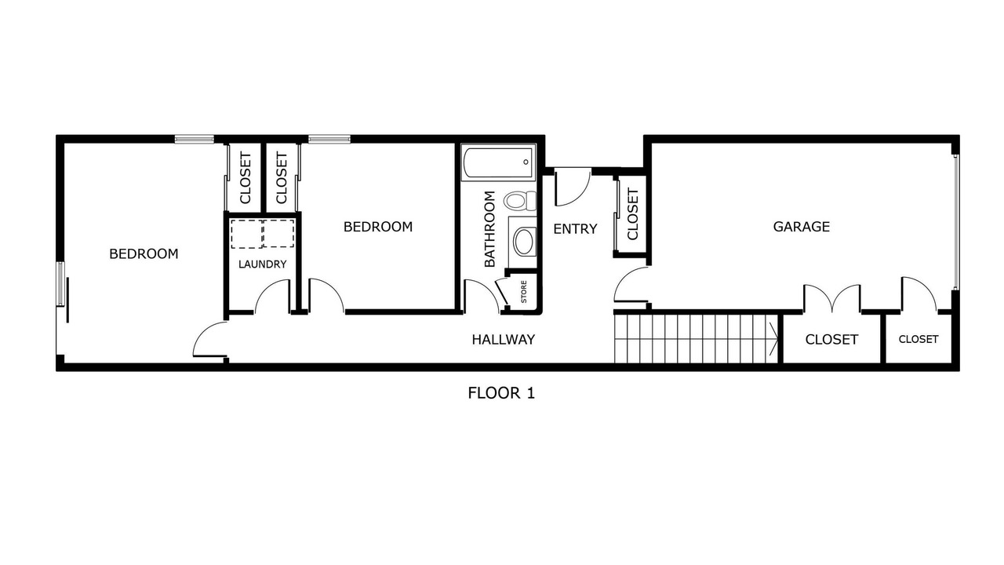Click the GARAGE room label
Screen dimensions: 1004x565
801,227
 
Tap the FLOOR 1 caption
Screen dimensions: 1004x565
501,393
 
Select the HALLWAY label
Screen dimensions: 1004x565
504,340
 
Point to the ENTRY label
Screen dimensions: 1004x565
575,228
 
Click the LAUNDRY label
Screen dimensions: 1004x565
262,264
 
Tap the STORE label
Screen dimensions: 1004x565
523,291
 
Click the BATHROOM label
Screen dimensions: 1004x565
489,228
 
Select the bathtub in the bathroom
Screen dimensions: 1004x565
498,162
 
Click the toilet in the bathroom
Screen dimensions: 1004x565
520,200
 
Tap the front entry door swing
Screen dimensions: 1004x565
573,187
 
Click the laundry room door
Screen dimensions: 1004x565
273,296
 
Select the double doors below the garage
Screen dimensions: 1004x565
832,298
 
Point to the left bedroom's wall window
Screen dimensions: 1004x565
60,284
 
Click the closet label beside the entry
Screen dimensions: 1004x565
632,214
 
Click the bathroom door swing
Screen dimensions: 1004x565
482,296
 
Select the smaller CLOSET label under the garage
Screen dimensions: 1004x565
919,340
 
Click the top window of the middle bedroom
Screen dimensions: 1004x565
329,139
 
